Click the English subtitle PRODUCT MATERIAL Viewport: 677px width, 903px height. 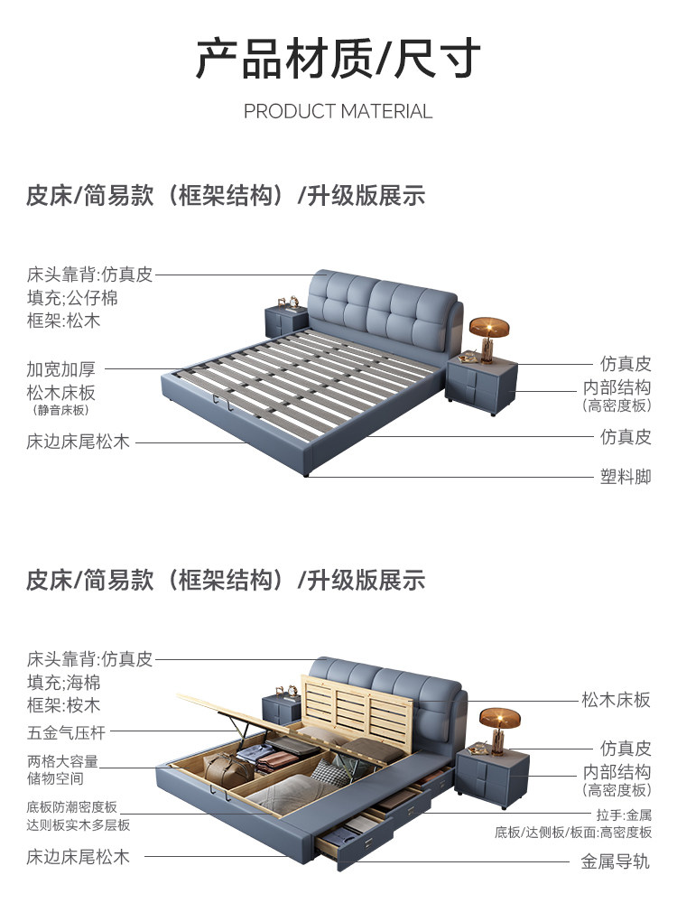click(338, 111)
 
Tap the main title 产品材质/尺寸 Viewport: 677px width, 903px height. click(338, 59)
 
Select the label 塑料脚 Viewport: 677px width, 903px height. click(626, 477)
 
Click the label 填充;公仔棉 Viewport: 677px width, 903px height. click(72, 297)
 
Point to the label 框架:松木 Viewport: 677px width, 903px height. click(63, 321)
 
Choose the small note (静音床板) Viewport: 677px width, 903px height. click(62, 410)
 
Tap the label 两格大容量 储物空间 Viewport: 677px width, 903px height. click(62, 769)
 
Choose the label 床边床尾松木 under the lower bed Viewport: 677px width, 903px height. click(79, 856)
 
